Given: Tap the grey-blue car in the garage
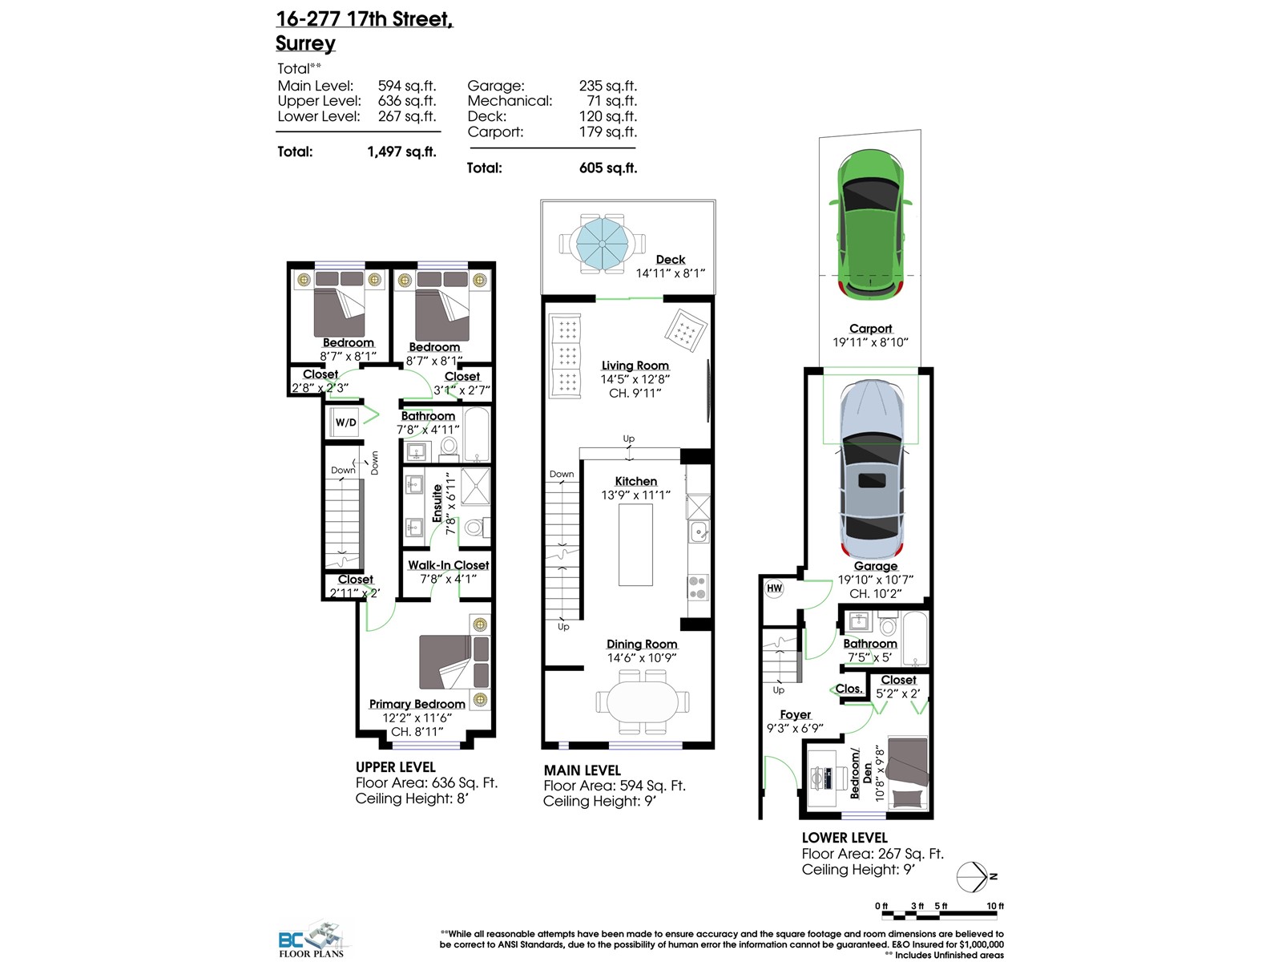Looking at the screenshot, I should [873, 473].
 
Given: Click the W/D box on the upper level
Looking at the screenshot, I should [345, 422].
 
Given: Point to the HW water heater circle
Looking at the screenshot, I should [774, 588].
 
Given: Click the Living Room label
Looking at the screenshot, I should [635, 366].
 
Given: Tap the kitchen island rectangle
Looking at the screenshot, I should [635, 545].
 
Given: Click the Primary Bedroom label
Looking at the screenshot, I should [417, 704].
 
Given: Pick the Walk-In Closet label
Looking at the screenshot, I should [448, 565].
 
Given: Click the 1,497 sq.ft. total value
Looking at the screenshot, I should [401, 152].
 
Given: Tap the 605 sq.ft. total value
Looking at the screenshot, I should [608, 168].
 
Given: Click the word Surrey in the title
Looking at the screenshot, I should [305, 43].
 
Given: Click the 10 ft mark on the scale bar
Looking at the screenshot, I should [994, 906].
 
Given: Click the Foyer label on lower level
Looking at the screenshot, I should [795, 714].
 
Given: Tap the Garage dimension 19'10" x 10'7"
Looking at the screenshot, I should [875, 580].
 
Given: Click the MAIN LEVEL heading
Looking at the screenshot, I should [582, 770].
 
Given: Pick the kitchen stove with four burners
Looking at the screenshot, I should [698, 588].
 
